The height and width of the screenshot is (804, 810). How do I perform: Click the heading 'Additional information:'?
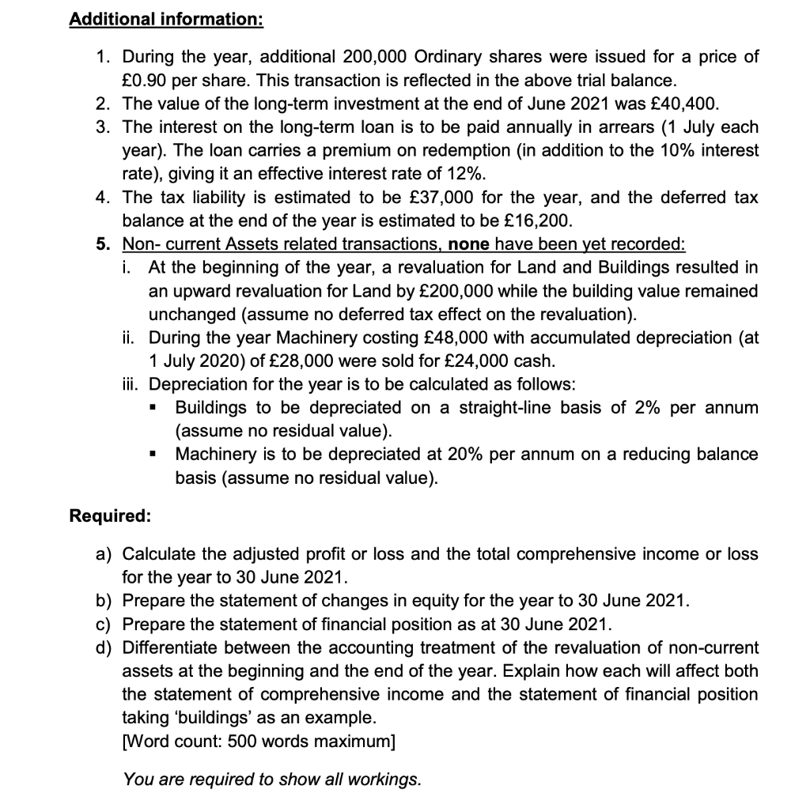[166, 18]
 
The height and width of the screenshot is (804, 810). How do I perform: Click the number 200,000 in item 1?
[376, 57]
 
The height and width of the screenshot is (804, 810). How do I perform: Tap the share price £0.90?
[146, 80]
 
